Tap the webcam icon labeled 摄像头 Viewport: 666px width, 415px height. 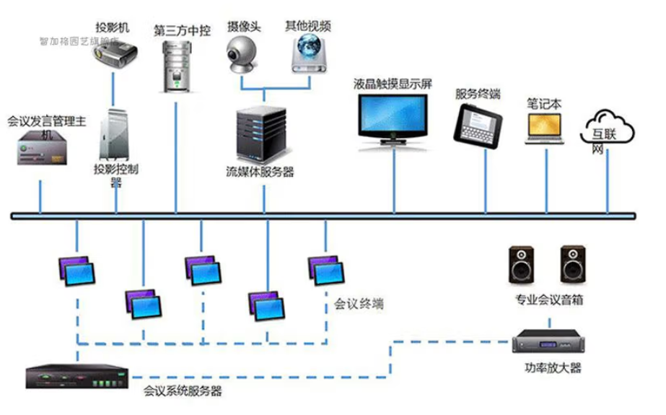coord(242,54)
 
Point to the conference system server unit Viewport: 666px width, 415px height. coord(76,377)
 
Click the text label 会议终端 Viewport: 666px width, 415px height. coord(359,304)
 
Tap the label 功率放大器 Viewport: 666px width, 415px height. coord(553,368)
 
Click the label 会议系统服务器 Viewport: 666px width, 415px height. coord(183,391)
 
